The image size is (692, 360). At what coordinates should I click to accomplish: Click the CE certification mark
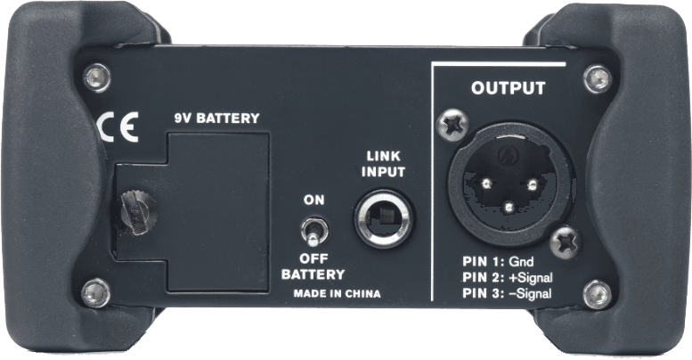point(118,127)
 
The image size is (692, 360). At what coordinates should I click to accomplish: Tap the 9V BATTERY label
point(216,118)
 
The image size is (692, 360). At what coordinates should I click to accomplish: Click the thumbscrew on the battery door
point(138,212)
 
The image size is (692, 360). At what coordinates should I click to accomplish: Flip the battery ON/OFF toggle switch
point(313,232)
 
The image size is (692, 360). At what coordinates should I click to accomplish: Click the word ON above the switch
point(313,200)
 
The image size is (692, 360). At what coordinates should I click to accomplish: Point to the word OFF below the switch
point(313,258)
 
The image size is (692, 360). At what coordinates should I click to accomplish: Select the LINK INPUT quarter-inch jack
point(384,218)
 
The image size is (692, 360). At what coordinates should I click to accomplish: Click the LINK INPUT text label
point(383,164)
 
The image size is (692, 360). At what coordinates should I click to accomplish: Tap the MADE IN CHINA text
point(337,294)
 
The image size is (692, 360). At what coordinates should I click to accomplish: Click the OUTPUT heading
point(508,88)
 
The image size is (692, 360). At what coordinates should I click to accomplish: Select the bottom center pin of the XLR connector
point(509,206)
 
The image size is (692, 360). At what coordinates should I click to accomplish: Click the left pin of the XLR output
point(487,184)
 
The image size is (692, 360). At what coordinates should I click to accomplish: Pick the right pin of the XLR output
point(533,184)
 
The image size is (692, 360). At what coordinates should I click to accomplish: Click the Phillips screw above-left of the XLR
point(452,125)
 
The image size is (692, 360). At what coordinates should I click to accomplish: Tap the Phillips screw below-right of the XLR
point(566,241)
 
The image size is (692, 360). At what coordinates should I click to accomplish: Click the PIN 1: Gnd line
point(498,261)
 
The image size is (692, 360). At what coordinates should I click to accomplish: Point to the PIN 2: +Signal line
point(508,277)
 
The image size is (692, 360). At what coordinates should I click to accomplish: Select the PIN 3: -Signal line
point(507,293)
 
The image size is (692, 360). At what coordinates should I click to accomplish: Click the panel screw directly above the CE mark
point(97,78)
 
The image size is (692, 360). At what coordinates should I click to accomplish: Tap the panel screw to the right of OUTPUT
point(598,79)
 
